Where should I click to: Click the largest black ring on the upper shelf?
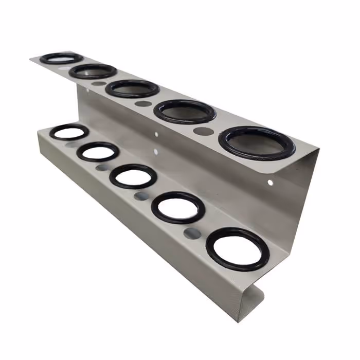coord(257,143)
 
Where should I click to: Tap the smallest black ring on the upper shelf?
coord(61,58)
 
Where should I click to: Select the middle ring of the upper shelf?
coord(132,88)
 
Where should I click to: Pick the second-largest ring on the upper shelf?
coord(185,112)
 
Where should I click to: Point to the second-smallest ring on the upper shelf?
coord(93,71)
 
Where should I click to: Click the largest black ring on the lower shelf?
coord(237,249)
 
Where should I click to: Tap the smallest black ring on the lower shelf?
coord(69,132)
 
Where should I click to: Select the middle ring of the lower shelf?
coord(133,176)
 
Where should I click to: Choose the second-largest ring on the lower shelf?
coord(178,207)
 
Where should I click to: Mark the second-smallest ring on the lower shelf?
coord(98,152)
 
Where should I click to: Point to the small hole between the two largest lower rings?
coord(192,233)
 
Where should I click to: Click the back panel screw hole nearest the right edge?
coord(271,182)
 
